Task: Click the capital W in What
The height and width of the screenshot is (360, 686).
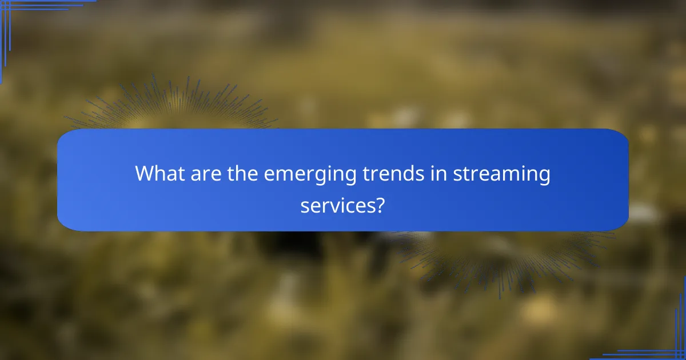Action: (x=145, y=173)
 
